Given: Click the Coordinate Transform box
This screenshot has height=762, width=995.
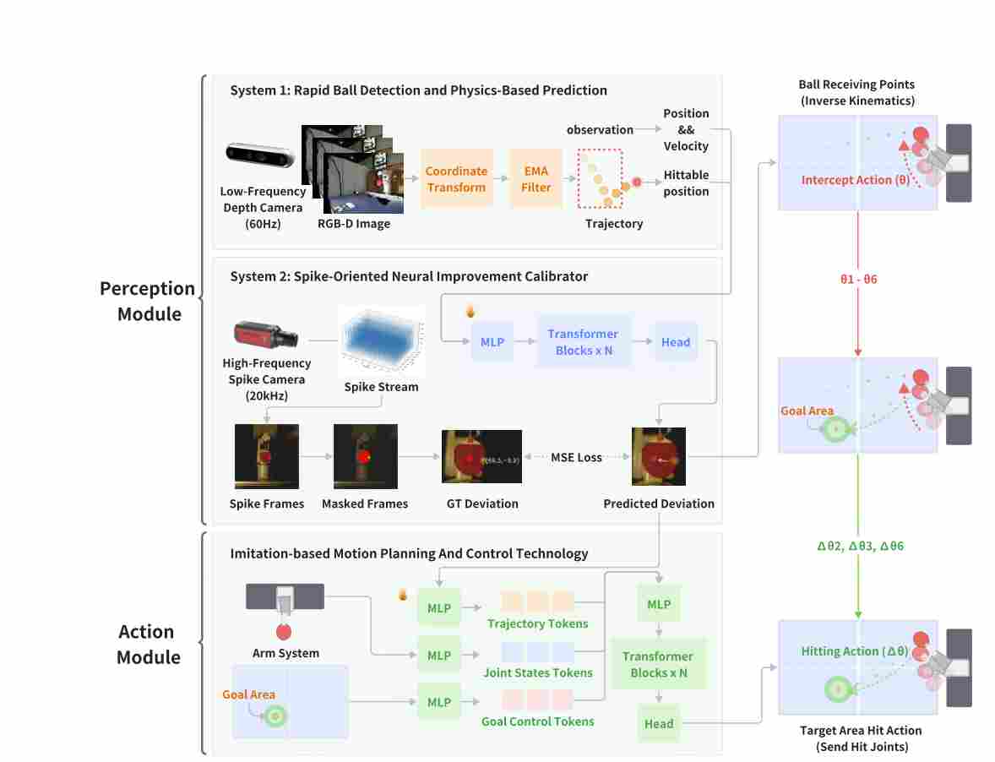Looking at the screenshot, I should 456,179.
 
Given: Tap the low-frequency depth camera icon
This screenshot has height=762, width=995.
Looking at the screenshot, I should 260,156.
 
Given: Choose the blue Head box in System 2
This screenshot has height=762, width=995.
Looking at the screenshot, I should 676,342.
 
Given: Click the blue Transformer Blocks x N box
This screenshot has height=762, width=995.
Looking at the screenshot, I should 583,342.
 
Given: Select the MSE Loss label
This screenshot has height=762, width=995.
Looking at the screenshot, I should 577,457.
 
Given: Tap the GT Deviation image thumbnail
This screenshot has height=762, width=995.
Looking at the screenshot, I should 481,456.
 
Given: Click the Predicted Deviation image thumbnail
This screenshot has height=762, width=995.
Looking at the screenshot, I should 659,456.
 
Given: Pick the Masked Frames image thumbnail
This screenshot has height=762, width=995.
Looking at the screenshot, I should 365,456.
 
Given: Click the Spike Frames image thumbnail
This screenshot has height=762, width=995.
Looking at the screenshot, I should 267,456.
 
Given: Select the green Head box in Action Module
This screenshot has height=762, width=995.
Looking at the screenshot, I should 659,723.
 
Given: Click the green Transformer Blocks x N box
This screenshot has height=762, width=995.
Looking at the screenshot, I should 658,665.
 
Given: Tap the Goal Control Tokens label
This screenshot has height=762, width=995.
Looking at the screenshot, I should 538,721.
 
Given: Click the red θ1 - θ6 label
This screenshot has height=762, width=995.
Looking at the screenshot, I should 858,279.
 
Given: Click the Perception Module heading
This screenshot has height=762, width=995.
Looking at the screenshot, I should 148,301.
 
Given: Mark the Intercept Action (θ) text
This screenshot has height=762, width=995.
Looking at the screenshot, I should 855,180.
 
